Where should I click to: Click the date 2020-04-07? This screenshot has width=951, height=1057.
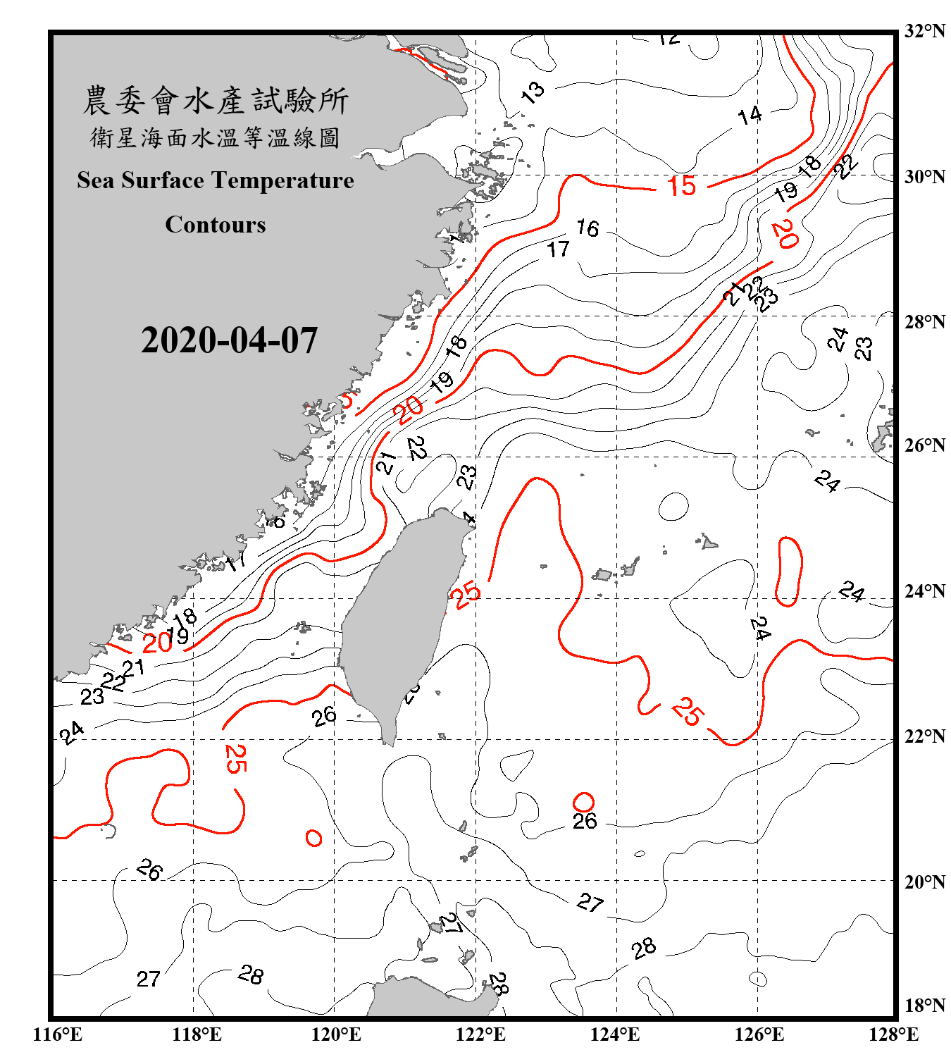(229, 340)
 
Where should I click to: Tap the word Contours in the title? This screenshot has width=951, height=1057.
(216, 225)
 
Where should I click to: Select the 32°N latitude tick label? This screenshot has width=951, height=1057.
(924, 31)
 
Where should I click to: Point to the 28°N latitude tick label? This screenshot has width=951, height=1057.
(924, 322)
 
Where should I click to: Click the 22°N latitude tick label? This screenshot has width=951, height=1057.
(924, 736)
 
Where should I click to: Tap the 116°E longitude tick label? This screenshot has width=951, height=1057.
(58, 1034)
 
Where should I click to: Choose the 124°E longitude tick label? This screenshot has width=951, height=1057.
(615, 1034)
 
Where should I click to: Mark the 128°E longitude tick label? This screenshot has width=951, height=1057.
(893, 1034)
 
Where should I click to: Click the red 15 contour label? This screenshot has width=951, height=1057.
(681, 186)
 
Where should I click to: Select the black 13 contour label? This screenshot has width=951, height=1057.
(533, 92)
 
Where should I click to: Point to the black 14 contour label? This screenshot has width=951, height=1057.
(750, 115)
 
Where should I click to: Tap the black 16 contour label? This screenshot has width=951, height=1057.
(587, 228)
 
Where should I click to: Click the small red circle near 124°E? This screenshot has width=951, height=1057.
(583, 802)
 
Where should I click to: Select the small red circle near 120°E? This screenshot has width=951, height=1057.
(313, 838)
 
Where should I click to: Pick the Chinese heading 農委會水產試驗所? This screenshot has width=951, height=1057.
(216, 101)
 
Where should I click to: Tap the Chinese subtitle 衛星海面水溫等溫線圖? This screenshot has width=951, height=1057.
(216, 138)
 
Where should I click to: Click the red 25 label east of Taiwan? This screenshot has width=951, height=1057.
(466, 595)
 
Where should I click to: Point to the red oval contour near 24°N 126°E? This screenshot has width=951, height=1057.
(789, 571)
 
